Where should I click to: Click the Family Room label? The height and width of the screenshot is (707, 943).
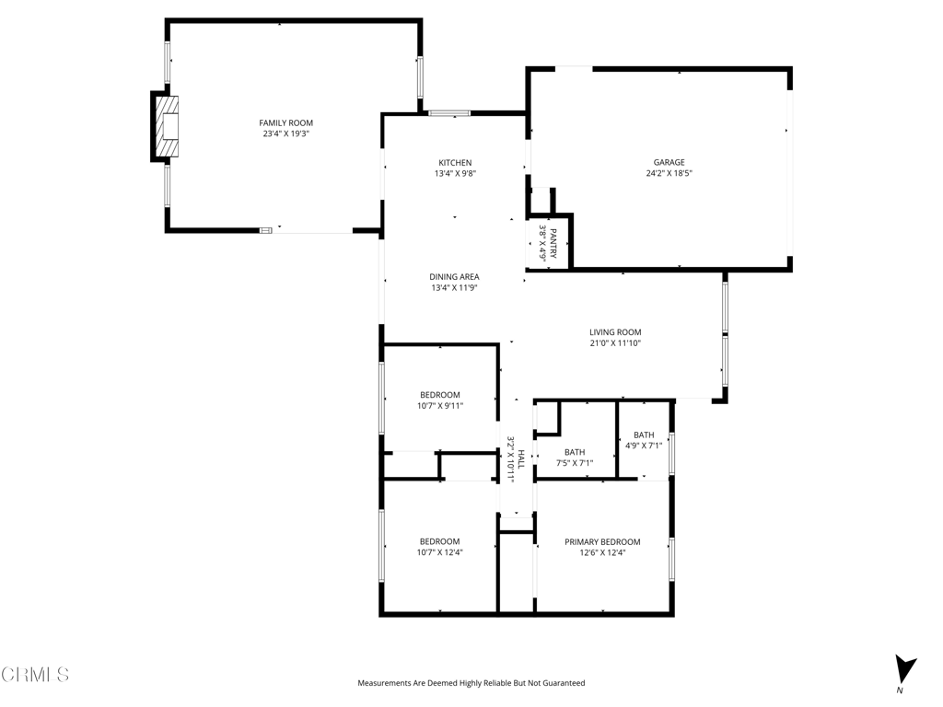285,122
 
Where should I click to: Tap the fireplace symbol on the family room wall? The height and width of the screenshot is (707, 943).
166,127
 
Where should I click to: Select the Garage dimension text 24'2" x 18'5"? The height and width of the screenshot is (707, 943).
669,173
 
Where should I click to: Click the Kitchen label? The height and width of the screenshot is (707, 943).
455,163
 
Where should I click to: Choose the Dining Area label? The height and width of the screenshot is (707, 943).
454,276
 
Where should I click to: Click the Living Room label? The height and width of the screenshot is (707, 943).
615,332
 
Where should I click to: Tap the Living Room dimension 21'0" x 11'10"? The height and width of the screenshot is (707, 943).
615,343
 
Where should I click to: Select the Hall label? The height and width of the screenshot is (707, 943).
520,458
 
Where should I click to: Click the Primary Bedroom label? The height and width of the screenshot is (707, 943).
602,542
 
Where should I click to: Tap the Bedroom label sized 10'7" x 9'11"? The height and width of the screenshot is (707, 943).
439,395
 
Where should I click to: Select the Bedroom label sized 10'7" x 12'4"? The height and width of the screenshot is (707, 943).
439,541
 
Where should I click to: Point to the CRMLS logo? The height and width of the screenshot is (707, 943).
35,675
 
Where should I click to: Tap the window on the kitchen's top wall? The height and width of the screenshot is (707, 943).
449,113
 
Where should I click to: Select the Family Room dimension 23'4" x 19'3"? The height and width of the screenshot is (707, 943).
285,133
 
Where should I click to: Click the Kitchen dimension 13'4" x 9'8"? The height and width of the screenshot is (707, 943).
455,174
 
